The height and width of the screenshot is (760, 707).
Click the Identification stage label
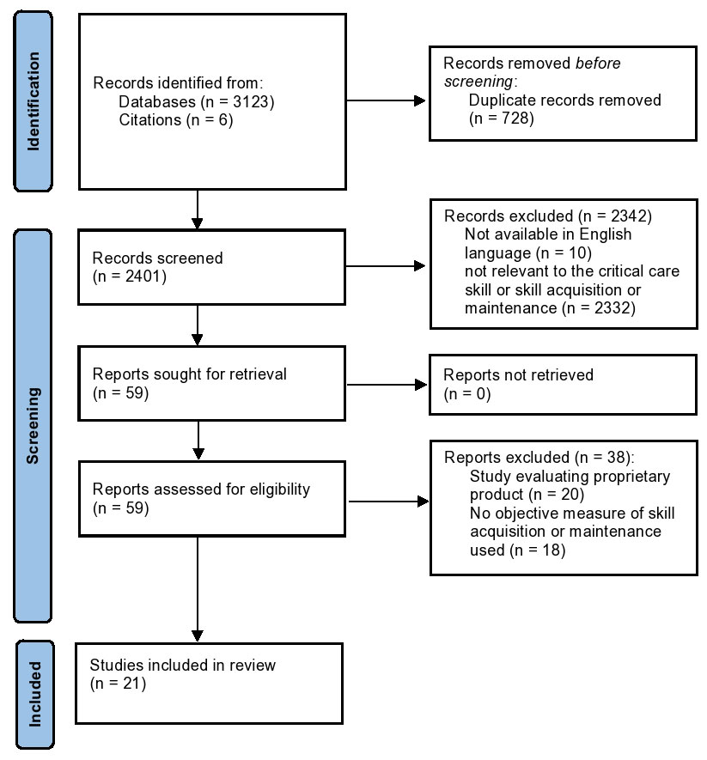[33, 101]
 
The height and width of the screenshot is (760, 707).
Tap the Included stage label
[35, 694]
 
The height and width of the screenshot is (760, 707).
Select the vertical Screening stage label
[33, 426]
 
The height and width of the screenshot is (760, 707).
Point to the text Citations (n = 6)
[176, 119]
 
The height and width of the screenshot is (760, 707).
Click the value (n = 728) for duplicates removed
[502, 119]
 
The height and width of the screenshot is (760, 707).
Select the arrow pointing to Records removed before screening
[386, 100]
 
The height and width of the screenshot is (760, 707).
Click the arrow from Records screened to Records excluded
[386, 266]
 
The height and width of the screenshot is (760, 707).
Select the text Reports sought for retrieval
[190, 374]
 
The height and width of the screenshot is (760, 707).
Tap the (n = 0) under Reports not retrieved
[467, 393]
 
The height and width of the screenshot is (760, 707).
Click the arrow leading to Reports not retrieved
[387, 385]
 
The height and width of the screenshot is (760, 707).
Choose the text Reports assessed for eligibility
[201, 489]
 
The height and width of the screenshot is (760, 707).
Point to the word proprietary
[632, 477]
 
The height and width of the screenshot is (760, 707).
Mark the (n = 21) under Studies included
[118, 684]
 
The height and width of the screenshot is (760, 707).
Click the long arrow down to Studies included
[198, 589]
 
